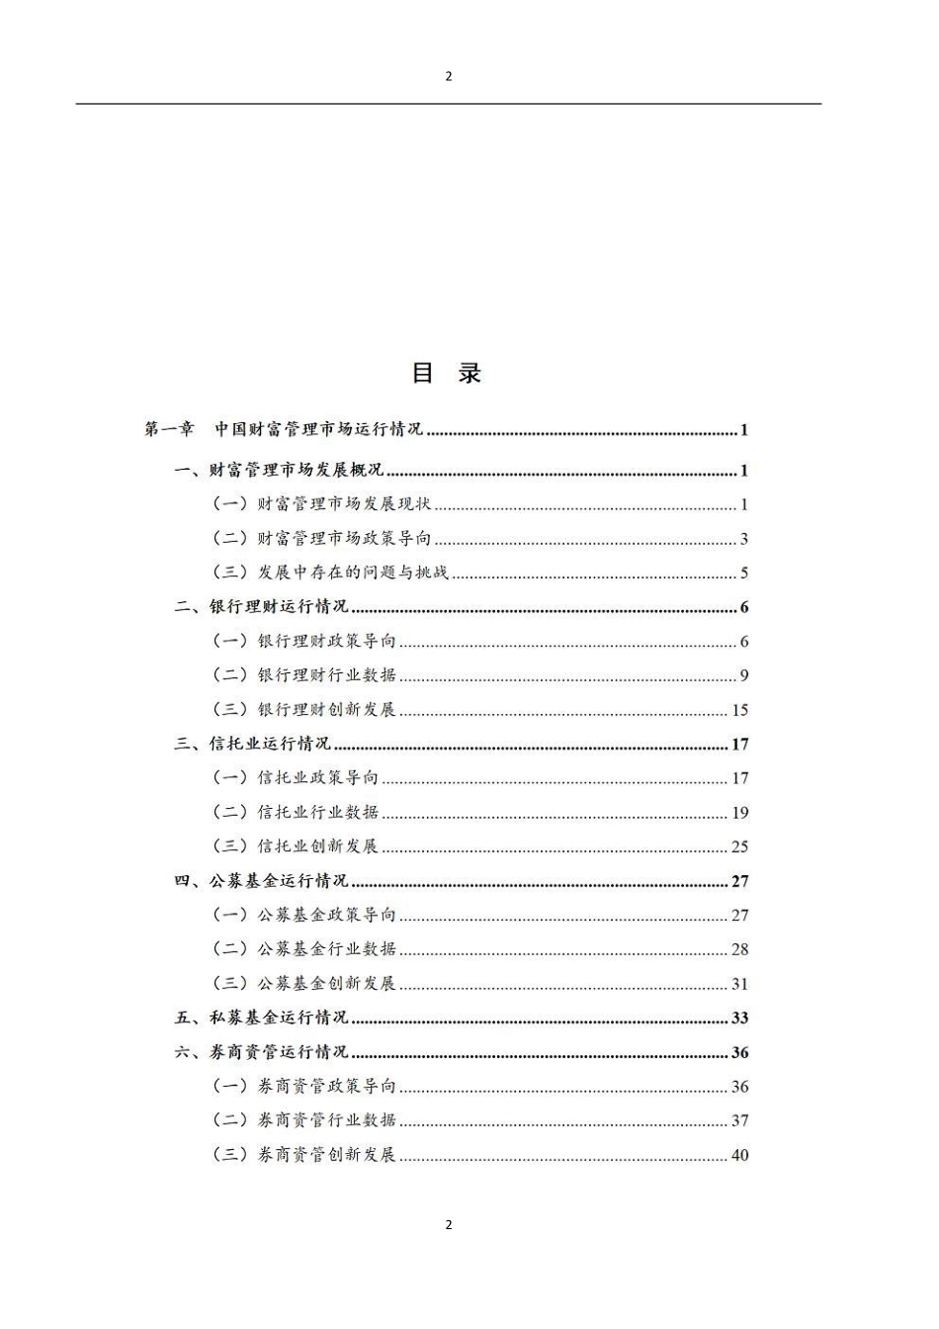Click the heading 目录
[x=447, y=373]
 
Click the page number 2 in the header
[x=449, y=76]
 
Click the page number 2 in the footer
[x=449, y=1224]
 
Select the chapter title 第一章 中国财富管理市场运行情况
[x=284, y=429]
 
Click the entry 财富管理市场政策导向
[x=344, y=539]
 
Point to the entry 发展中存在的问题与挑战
[x=353, y=573]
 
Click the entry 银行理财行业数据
[x=326, y=675]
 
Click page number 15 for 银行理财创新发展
[x=739, y=710]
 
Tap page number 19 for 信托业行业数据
[x=739, y=813]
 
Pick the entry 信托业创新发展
[x=317, y=846]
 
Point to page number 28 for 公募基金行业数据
[x=739, y=949]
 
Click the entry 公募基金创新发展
[x=326, y=984]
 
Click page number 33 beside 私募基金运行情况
[x=739, y=1018]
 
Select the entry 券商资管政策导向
[x=326, y=1086]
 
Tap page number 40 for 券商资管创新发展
[x=739, y=1155]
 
